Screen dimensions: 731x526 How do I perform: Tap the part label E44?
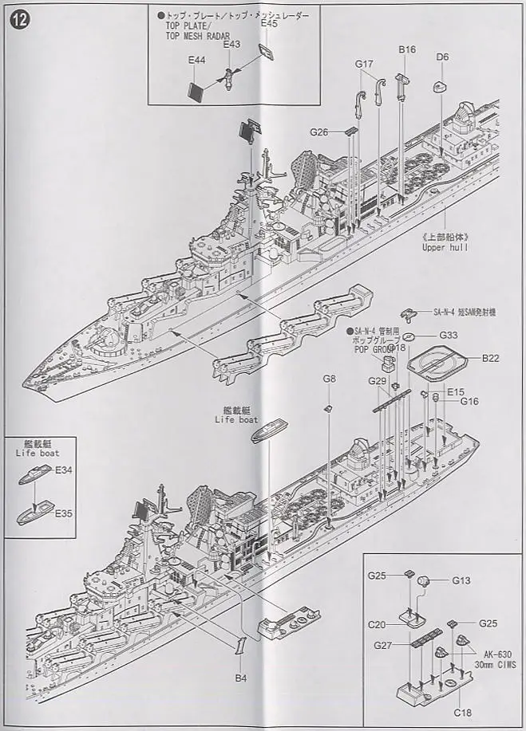[x=196, y=61]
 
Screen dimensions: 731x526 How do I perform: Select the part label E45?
[x=268, y=25]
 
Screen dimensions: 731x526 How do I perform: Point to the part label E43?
[x=231, y=45]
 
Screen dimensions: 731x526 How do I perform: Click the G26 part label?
[x=319, y=132]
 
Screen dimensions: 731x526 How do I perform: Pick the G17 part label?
[x=365, y=64]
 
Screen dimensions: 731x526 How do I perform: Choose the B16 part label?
[x=407, y=49]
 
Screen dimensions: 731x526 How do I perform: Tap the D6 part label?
[x=442, y=57]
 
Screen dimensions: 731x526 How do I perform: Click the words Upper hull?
[x=445, y=247]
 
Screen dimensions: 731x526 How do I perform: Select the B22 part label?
[x=490, y=359]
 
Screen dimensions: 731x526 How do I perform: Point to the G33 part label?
[x=448, y=335]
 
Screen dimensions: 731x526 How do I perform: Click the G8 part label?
[x=329, y=379]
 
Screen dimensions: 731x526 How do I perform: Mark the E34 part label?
[x=64, y=470]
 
